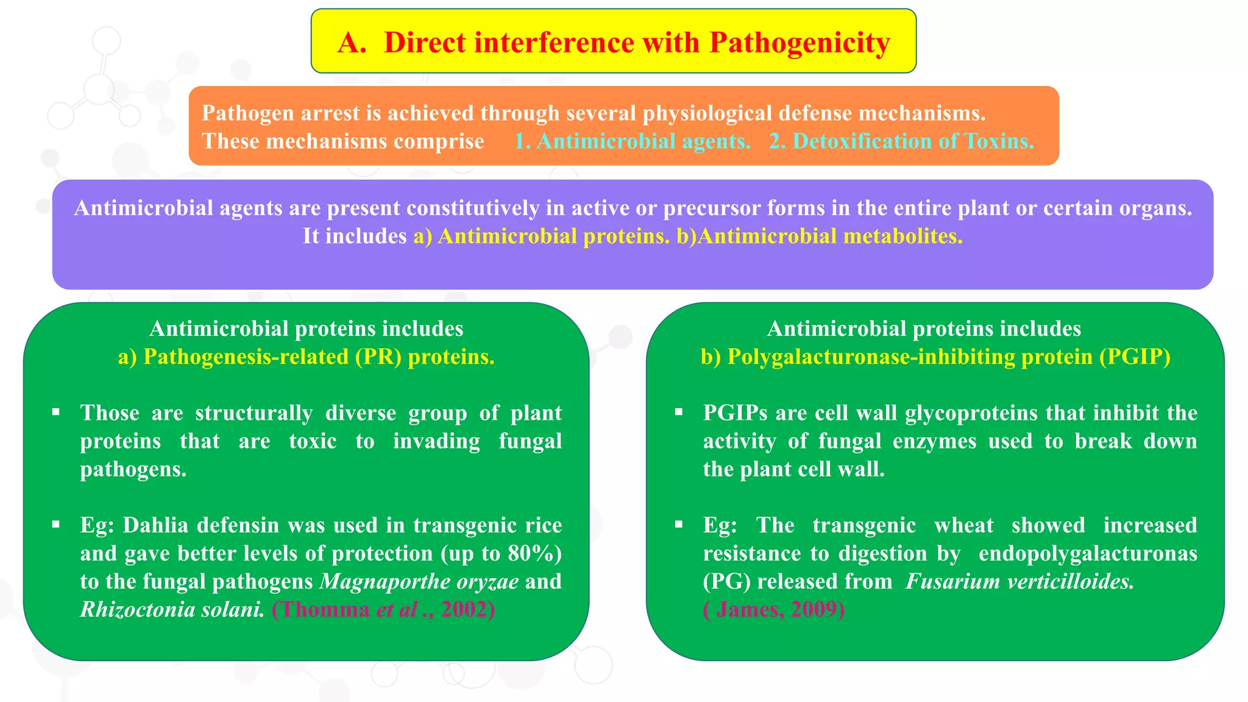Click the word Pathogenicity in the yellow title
799,43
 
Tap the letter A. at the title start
352,43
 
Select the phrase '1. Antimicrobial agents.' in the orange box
632,141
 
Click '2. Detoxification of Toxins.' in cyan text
901,141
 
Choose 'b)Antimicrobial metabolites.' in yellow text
819,236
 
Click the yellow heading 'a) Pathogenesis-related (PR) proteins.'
306,357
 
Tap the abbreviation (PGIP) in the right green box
1135,357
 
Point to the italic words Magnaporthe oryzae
419,581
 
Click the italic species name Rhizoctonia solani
172,609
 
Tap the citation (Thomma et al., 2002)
383,609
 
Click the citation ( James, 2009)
773,609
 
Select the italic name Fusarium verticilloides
1019,581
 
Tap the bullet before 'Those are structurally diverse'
56,413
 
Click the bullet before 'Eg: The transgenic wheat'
679,525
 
